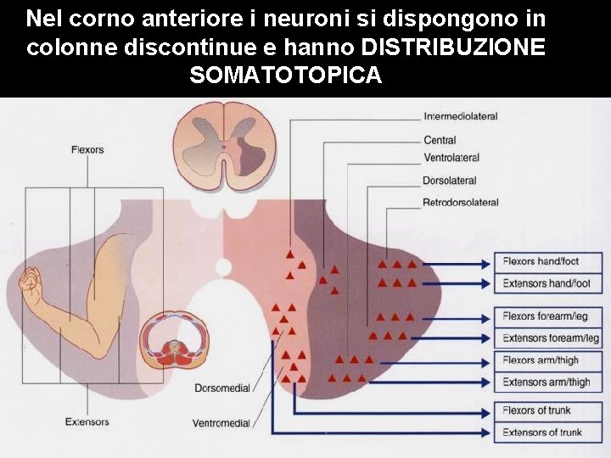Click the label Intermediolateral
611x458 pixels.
click(460, 116)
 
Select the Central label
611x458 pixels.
click(440, 140)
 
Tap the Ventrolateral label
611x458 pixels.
click(451, 158)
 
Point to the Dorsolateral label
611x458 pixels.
click(449, 181)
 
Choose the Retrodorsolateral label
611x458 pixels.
click(460, 203)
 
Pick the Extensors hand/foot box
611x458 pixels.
click(547, 283)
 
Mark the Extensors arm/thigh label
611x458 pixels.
click(546, 383)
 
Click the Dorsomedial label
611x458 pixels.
click(222, 388)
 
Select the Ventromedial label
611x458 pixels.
click(221, 422)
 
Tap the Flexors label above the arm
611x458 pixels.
click(87, 150)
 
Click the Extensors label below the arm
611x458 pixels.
click(87, 422)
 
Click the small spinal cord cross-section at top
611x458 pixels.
click(224, 140)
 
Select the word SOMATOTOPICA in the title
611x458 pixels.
click(286, 75)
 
